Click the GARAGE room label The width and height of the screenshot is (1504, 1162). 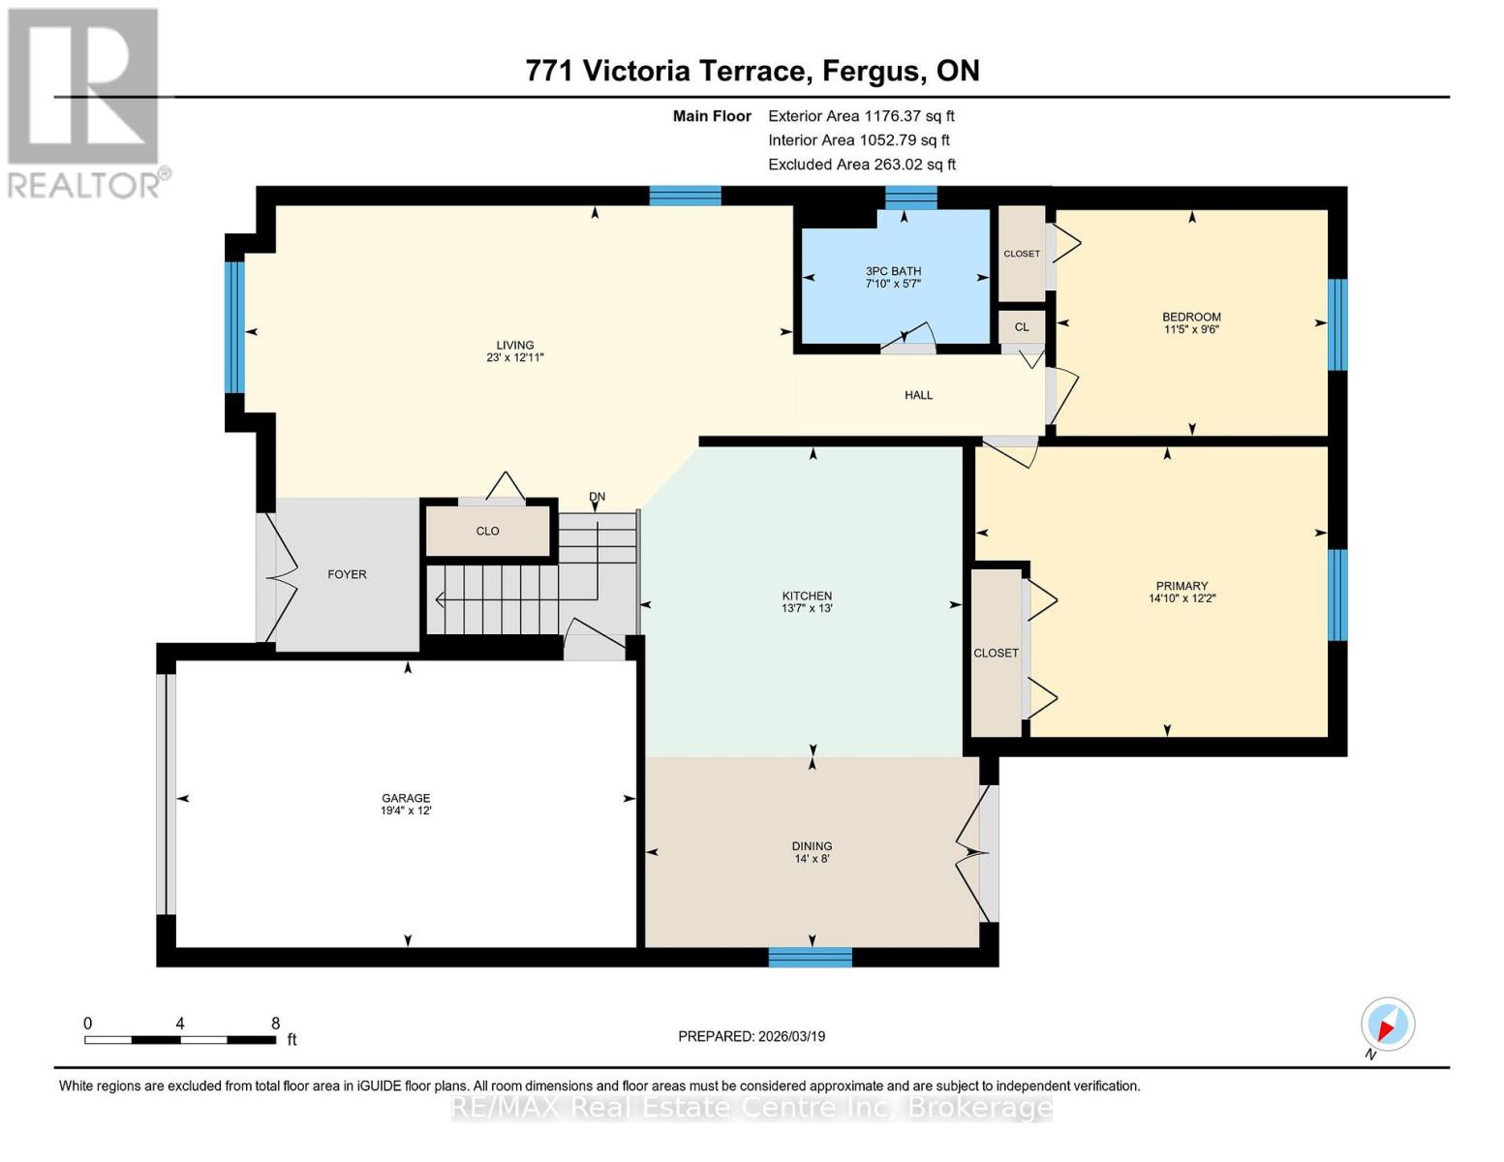coord(406,798)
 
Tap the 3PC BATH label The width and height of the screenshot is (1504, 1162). coord(893,271)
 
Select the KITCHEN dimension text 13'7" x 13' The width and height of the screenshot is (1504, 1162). coord(807,609)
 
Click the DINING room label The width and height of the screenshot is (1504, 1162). coord(812,845)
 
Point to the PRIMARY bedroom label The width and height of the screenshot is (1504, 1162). coord(1182,586)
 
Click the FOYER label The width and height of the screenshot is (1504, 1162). coord(347,574)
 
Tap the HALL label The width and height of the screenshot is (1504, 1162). coord(918,395)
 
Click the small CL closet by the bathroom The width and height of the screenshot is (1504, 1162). coord(1022,327)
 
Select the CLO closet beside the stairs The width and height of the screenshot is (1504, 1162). coord(487,531)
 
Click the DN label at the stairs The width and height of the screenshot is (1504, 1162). coord(597,497)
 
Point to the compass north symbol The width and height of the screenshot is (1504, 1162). coord(1387,1025)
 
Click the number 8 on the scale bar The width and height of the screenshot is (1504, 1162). coord(275,1024)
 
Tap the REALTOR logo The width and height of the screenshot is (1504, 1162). coord(85,102)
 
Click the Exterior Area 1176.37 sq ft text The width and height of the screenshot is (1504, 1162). coord(861,115)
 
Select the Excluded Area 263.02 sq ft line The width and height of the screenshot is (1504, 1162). coord(861,165)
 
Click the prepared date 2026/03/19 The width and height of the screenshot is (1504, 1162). coord(752,1036)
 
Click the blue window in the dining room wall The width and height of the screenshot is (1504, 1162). coord(810,958)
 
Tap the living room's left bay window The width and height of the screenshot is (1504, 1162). coord(234,327)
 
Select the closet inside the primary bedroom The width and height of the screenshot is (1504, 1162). coord(996,653)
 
